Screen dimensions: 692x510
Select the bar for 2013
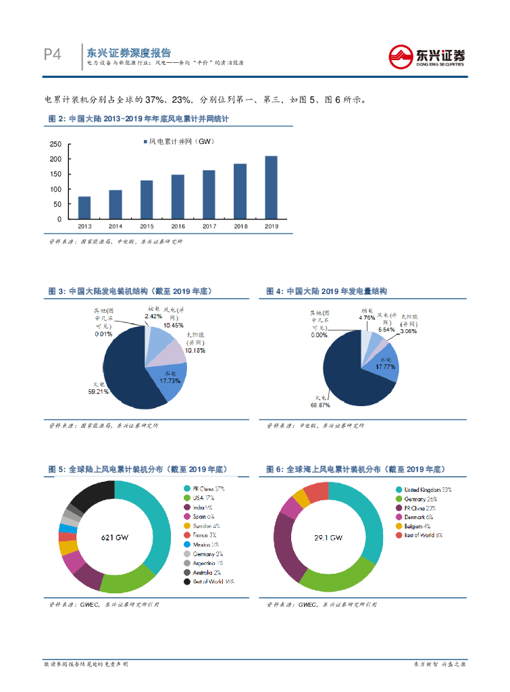coord(84,207)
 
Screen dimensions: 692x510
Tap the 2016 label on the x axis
coord(178,226)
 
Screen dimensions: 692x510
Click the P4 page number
coord(52,55)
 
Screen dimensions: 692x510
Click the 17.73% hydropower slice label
coord(170,380)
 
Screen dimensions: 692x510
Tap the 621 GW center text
coord(114,538)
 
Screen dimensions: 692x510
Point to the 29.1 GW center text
coord(328,538)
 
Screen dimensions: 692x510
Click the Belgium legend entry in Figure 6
coord(417,526)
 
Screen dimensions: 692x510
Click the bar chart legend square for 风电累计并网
coord(144,141)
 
